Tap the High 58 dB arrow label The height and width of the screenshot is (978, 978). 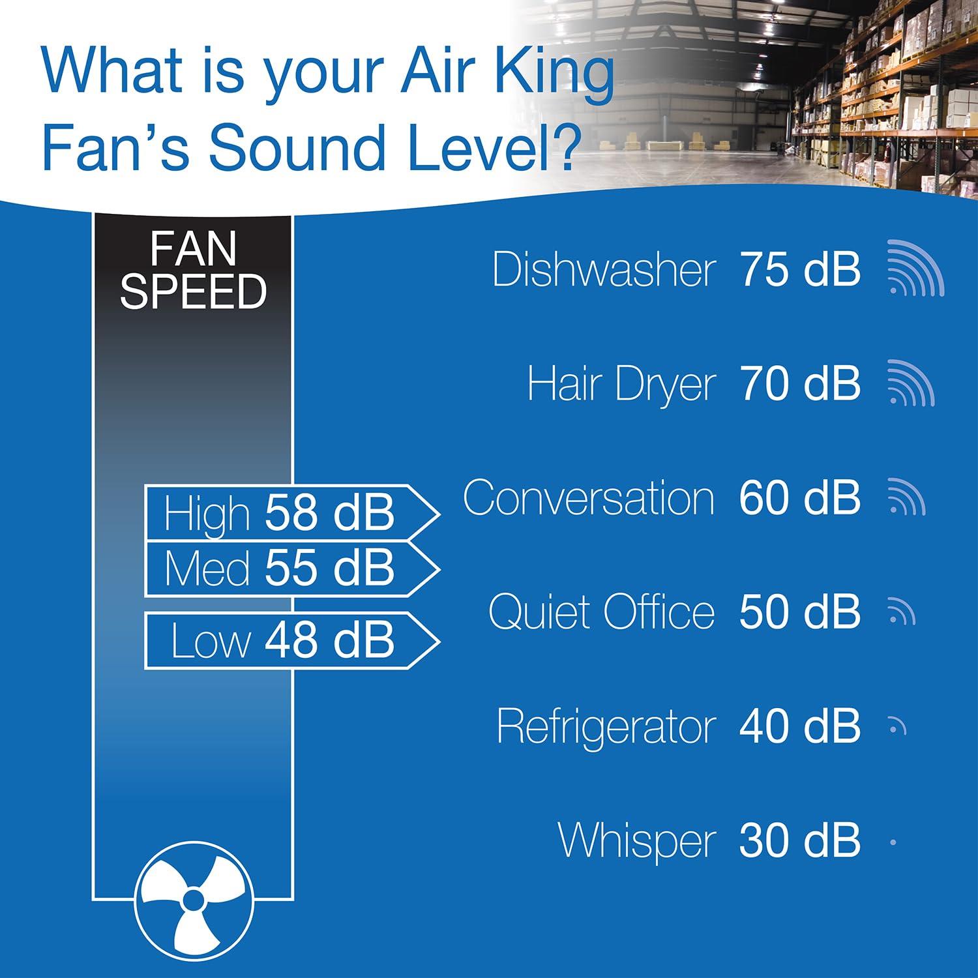(287, 514)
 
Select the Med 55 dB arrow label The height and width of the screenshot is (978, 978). (287, 568)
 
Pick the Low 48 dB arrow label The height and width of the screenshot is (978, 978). (287, 640)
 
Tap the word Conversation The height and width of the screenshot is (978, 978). (589, 498)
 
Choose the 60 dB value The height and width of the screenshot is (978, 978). (800, 498)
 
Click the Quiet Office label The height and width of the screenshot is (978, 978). (602, 613)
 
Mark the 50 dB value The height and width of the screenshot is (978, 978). (800, 613)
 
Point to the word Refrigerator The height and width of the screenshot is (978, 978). (606, 727)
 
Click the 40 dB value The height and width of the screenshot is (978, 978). (800, 727)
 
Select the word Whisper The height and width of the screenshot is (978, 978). (637, 842)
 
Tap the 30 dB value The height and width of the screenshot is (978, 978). (800, 842)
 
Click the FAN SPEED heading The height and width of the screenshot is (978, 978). (193, 271)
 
